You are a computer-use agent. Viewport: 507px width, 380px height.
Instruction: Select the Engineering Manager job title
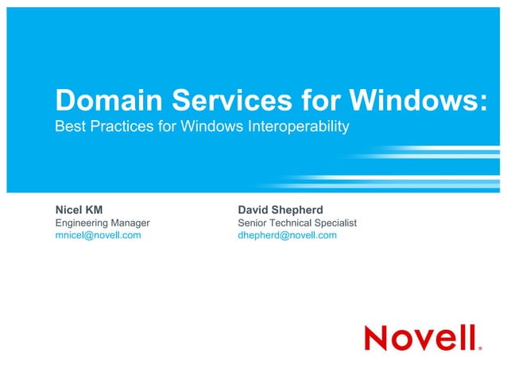[102, 223]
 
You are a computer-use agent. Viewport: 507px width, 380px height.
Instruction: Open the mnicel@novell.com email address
[98, 235]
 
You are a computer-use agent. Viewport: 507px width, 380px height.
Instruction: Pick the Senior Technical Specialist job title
[297, 223]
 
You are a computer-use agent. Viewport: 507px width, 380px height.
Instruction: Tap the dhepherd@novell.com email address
[287, 235]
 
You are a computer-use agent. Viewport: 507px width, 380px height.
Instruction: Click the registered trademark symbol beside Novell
[480, 347]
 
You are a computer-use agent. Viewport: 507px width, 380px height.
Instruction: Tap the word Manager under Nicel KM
[130, 223]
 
